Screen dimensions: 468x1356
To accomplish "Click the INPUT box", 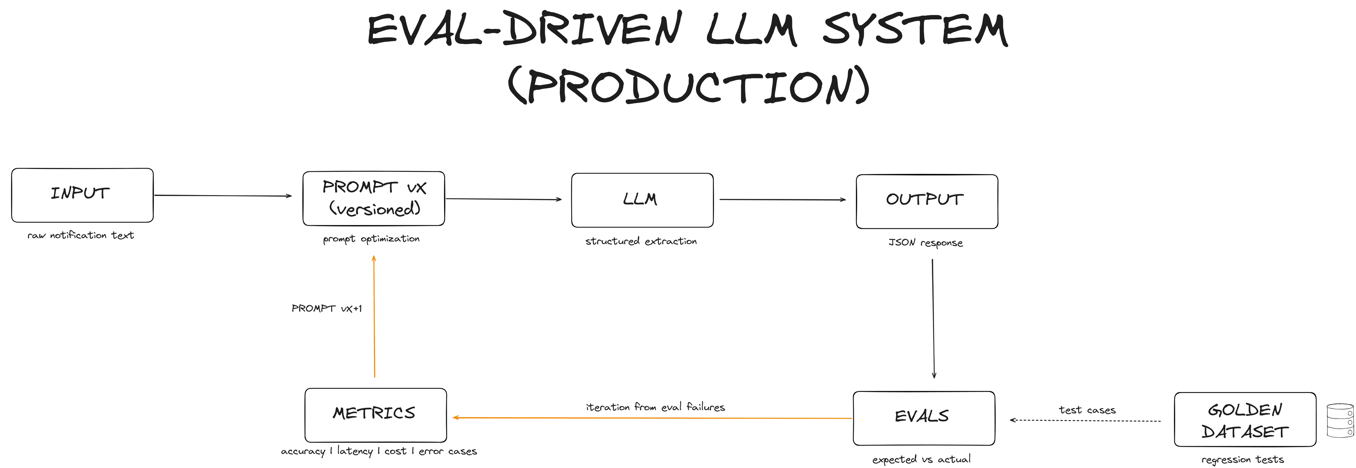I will point(82,195).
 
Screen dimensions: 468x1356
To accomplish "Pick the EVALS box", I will point(923,418).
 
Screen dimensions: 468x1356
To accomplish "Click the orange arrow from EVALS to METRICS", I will point(653,418).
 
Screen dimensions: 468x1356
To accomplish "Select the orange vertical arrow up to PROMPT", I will point(374,316).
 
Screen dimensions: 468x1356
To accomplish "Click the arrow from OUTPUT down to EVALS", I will point(933,318).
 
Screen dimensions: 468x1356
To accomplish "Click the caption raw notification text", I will point(81,235).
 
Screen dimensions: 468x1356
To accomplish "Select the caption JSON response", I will point(926,242).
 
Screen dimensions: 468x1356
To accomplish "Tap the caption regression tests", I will point(1242,459).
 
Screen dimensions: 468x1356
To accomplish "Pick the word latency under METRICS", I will point(355,451).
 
